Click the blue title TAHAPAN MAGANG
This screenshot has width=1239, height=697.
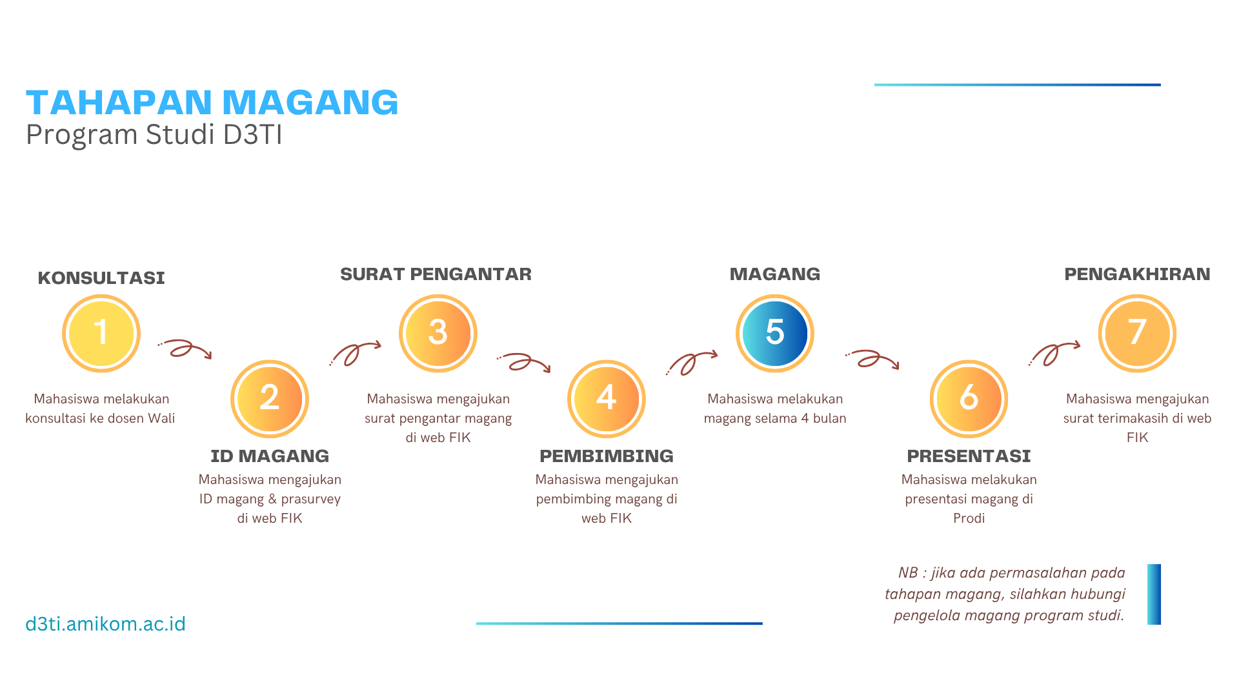(x=212, y=102)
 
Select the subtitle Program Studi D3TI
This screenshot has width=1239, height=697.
(x=154, y=135)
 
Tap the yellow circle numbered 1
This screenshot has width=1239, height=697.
(x=101, y=334)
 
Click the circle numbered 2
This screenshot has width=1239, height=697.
(x=270, y=399)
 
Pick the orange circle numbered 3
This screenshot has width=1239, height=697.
(x=438, y=334)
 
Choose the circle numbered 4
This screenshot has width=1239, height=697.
(x=607, y=399)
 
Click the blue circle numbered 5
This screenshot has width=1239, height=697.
(x=775, y=334)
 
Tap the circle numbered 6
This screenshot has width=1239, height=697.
(x=969, y=399)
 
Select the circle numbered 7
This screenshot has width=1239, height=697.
(x=1137, y=334)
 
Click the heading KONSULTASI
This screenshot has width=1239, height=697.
(x=101, y=278)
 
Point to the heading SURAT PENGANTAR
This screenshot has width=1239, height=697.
(x=436, y=274)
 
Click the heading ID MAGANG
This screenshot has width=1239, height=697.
(x=270, y=456)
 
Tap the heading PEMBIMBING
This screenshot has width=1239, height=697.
(x=607, y=456)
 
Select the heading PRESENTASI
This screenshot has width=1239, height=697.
(x=969, y=456)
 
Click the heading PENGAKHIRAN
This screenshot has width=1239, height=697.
(x=1137, y=274)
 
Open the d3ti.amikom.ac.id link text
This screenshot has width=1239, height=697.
(x=106, y=624)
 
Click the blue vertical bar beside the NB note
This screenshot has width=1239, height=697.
(x=1154, y=594)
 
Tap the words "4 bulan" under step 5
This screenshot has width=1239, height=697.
(x=823, y=418)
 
